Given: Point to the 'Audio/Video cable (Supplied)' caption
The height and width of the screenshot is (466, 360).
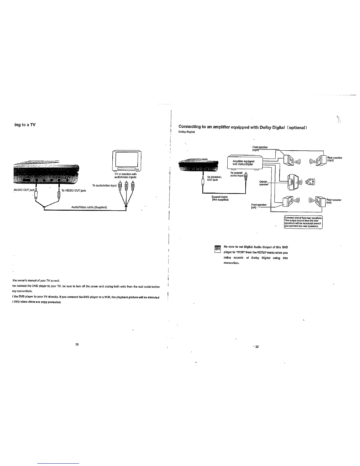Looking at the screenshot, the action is pos(89,207).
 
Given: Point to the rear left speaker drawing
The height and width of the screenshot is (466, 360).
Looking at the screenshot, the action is pos(320,202).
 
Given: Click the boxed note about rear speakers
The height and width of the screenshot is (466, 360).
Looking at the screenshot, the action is pos(303,222).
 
